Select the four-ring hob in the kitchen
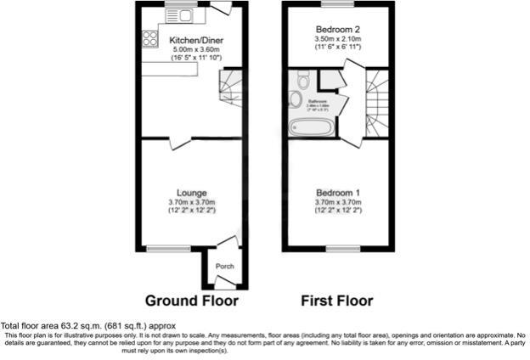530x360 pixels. click(151, 38)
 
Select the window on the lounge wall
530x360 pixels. click(162, 248)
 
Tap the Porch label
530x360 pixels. click(224, 267)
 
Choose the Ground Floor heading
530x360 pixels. click(192, 301)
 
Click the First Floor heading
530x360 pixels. click(337, 301)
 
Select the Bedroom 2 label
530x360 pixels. click(338, 28)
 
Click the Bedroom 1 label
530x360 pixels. click(338, 193)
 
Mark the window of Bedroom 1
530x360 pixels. click(338, 248)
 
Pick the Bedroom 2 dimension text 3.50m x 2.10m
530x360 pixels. click(338, 38)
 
